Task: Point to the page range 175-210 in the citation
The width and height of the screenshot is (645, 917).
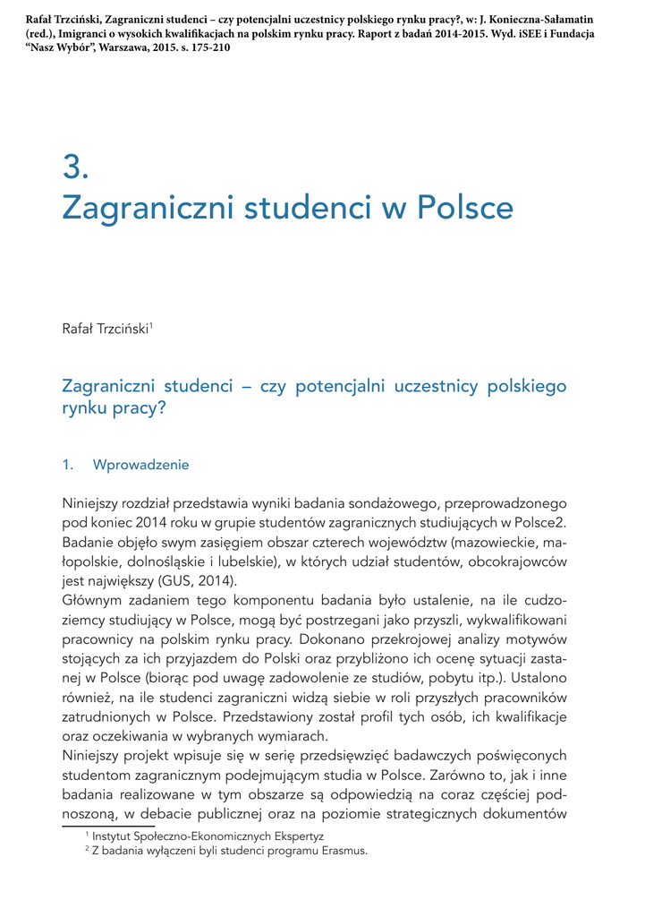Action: (210, 47)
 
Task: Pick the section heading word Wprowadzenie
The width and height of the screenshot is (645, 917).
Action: (141, 465)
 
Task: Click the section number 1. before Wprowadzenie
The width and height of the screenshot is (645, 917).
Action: (68, 465)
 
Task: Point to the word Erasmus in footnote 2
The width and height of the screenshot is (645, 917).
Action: (343, 851)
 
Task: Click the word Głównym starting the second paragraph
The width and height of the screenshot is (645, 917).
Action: (91, 601)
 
